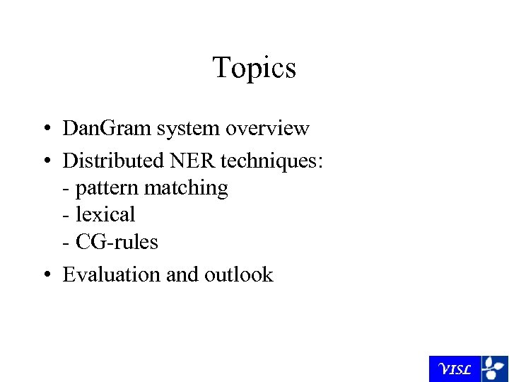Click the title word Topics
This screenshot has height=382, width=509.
click(254, 68)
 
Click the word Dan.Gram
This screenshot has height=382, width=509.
click(107, 129)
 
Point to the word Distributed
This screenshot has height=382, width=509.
click(113, 161)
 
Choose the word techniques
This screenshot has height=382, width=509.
click(272, 161)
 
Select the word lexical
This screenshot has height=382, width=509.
click(105, 214)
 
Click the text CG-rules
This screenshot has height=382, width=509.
click(117, 242)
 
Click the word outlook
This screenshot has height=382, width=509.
click(238, 274)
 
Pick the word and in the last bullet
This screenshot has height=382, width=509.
click(182, 274)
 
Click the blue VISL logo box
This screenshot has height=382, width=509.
click(455, 369)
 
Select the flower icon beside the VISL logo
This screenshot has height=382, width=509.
click(494, 369)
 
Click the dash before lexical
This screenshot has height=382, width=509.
click(66, 215)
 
